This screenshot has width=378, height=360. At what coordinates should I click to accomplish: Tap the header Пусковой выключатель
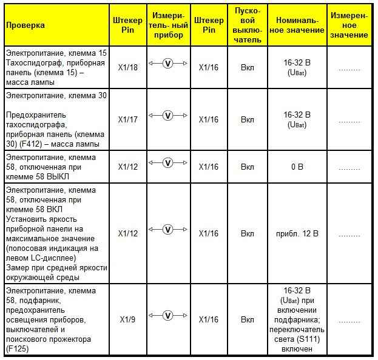247,25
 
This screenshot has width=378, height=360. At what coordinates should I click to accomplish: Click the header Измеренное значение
349,25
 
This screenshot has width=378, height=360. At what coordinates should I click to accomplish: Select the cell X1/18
128,67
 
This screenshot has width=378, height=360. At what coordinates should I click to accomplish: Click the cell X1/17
128,119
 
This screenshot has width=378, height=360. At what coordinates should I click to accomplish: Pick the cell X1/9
128,319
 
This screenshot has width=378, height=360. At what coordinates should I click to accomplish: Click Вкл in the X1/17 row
247,119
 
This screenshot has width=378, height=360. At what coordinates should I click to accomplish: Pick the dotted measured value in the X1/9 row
349,320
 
